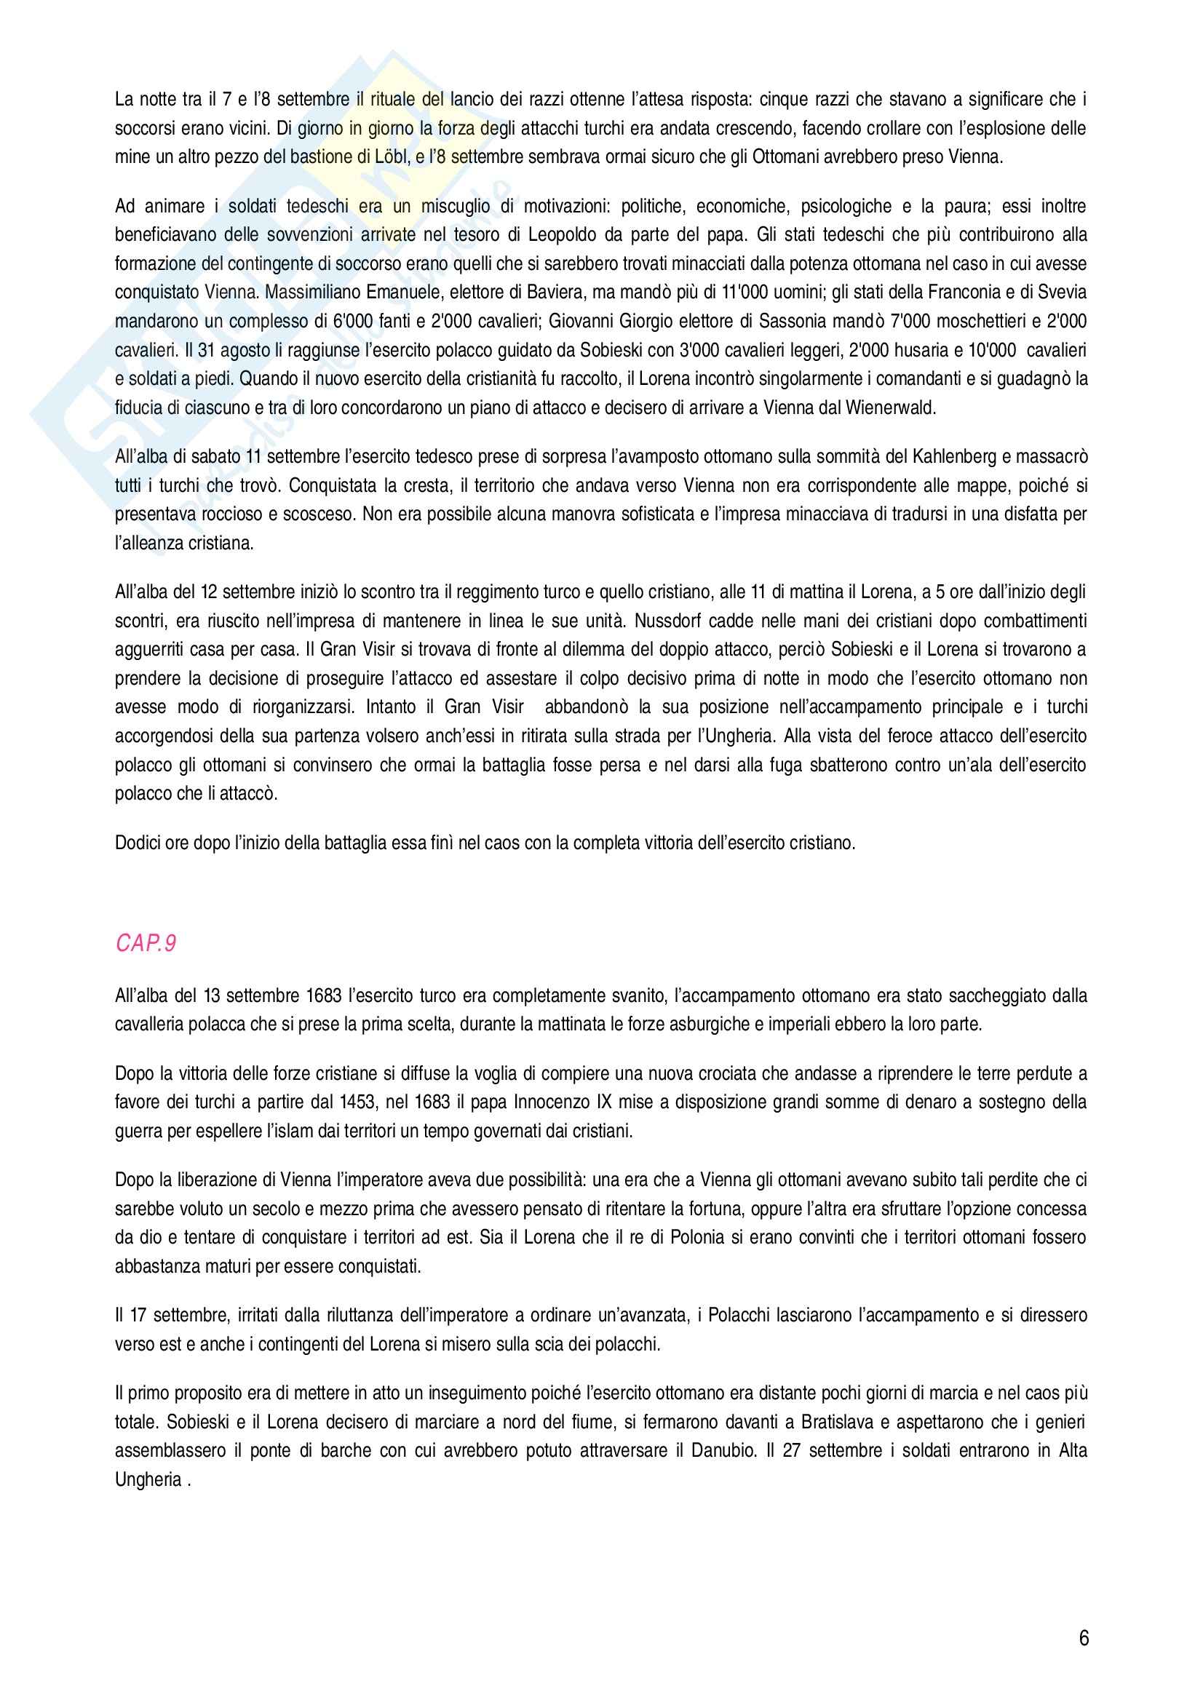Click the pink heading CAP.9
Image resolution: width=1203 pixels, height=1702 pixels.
(146, 944)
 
